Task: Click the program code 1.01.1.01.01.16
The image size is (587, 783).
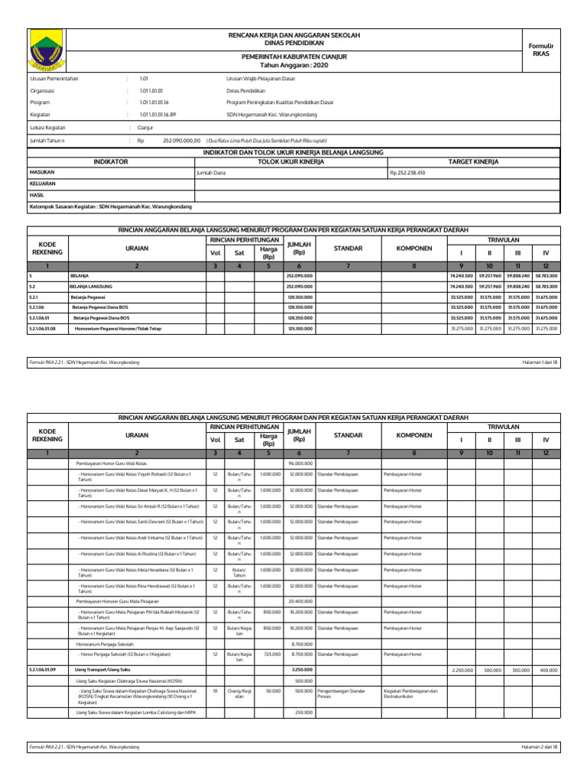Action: pos(154,102)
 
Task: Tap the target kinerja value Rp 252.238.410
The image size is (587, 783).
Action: pos(407,173)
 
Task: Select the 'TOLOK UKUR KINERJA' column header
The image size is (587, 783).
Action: pos(292,162)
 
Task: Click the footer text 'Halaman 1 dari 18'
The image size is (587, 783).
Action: pos(540,362)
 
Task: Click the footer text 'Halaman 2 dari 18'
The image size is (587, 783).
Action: pos(540,746)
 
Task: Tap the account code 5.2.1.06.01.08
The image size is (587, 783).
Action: pos(44,328)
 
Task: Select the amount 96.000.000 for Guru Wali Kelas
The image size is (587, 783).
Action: pos(300,463)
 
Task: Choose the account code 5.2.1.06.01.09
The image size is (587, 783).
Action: pos(44,670)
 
